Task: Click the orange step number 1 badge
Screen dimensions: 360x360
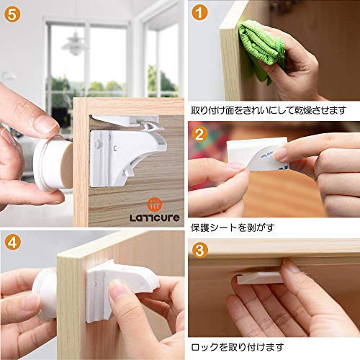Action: (x=199, y=13)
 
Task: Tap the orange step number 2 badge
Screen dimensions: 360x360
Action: (x=199, y=134)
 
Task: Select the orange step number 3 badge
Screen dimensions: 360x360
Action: (x=199, y=250)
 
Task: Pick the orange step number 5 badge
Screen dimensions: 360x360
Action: (x=12, y=14)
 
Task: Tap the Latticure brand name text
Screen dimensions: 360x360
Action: (x=155, y=217)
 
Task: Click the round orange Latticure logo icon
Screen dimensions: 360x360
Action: (x=154, y=204)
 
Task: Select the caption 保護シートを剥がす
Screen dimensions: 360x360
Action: (x=233, y=228)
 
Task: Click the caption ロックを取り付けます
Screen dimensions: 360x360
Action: (x=238, y=347)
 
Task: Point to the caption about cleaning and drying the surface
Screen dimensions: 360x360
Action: (x=269, y=110)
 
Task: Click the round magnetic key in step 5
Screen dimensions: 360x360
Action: (x=53, y=163)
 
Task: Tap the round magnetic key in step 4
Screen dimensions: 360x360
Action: (x=45, y=295)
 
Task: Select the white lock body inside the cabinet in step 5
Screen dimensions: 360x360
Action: (x=125, y=157)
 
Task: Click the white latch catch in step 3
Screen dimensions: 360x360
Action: (x=261, y=279)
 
